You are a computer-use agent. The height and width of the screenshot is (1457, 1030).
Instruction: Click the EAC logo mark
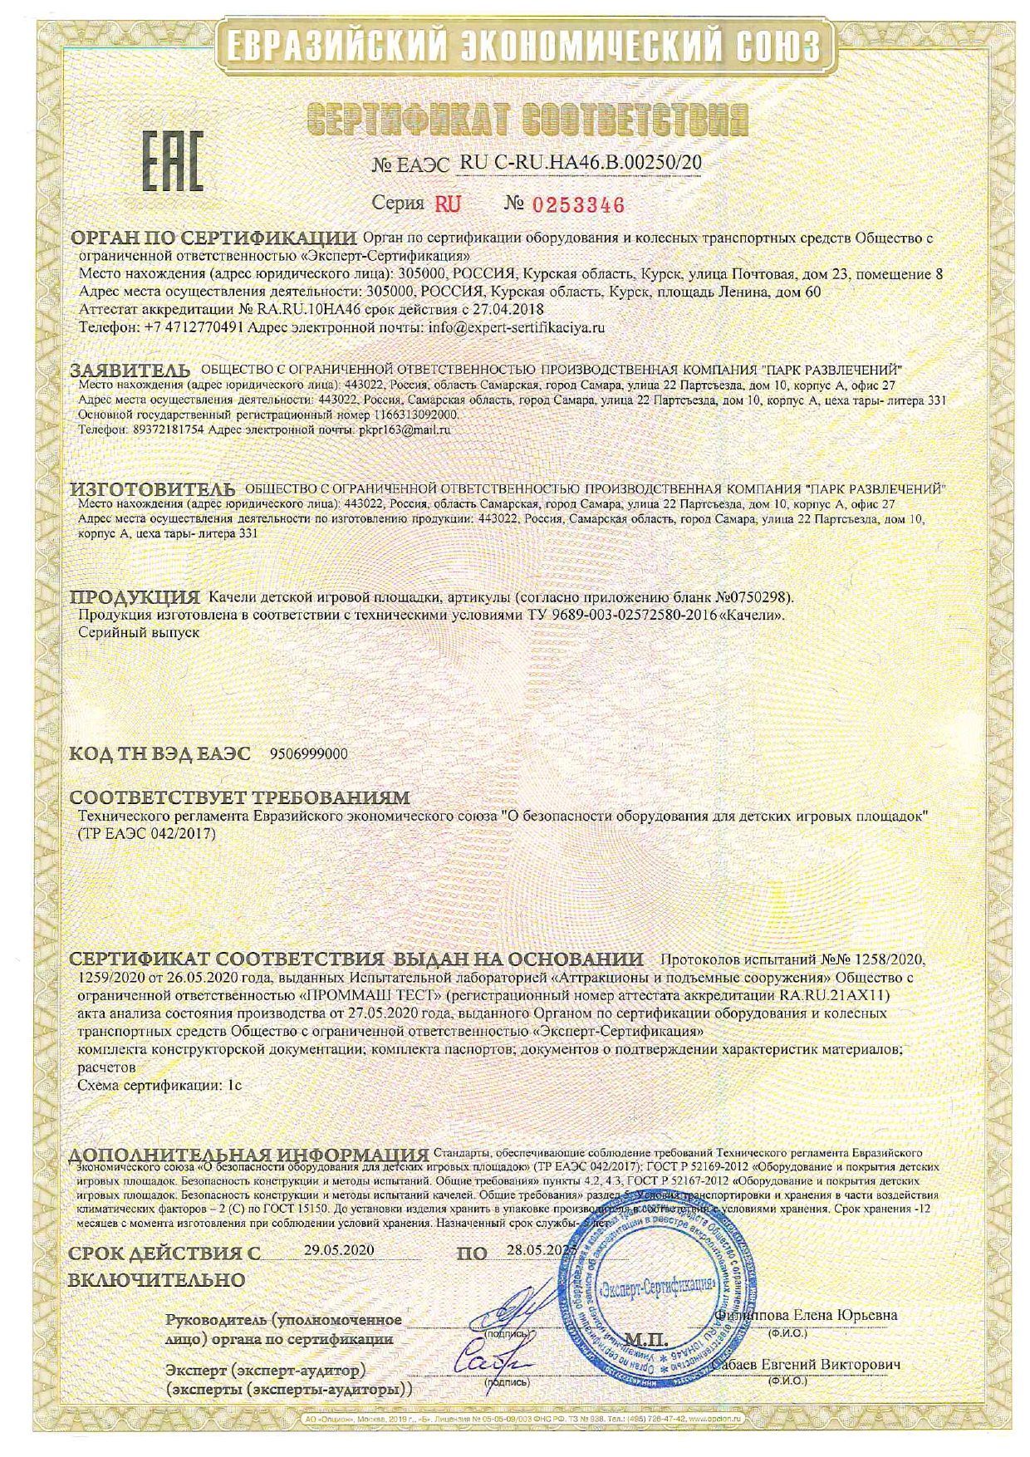(x=173, y=164)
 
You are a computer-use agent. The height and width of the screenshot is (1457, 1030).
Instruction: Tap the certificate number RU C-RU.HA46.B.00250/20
(x=580, y=164)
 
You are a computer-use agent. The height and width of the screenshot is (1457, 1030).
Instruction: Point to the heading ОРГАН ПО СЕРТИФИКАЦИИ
(x=214, y=238)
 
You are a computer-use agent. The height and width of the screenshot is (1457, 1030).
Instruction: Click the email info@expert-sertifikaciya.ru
(x=516, y=327)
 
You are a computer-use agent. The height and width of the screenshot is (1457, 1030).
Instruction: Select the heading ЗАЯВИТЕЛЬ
(x=130, y=369)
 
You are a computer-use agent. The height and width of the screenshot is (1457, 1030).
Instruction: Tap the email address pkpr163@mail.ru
(x=405, y=430)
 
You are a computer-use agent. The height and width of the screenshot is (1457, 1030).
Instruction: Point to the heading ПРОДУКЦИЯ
(x=135, y=597)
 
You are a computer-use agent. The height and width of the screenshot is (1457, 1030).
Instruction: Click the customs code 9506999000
(x=309, y=754)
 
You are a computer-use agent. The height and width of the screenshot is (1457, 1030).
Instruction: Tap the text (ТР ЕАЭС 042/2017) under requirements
(x=145, y=833)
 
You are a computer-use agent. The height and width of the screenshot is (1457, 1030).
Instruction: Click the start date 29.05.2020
(x=339, y=1249)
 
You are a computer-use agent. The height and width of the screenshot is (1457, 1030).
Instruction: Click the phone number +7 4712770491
(x=194, y=327)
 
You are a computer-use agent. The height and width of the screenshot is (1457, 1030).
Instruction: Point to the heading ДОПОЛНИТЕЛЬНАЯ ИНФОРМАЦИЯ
(x=249, y=1155)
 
